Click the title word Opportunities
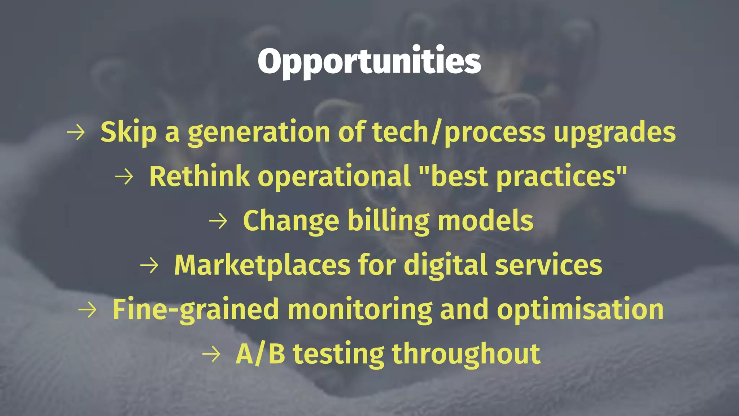[369, 61]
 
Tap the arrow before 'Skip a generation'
[76, 133]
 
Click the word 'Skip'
[128, 133]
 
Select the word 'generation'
[259, 133]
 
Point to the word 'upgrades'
[615, 133]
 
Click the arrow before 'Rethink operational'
[124, 177]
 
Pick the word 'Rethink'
[199, 177]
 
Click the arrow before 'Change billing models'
[218, 221]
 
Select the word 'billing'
[388, 221]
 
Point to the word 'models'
[485, 221]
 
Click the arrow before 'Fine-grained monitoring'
[87, 310]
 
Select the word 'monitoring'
[360, 310]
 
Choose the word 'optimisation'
[580, 310]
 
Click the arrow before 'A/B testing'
[211, 354]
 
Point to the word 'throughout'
[466, 354]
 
